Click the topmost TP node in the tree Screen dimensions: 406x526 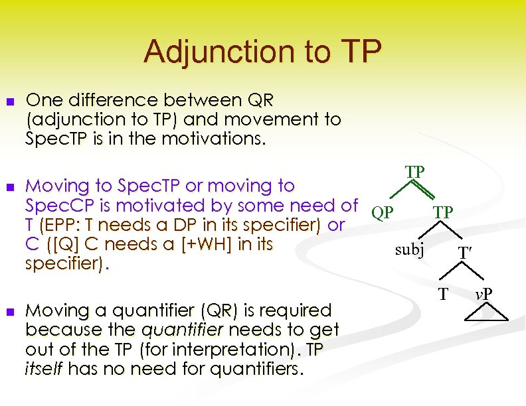tap(416, 172)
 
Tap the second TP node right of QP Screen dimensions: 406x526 tap(444, 212)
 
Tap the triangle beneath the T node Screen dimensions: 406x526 tap(444, 313)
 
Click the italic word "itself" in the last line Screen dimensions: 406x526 tap(44, 368)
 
